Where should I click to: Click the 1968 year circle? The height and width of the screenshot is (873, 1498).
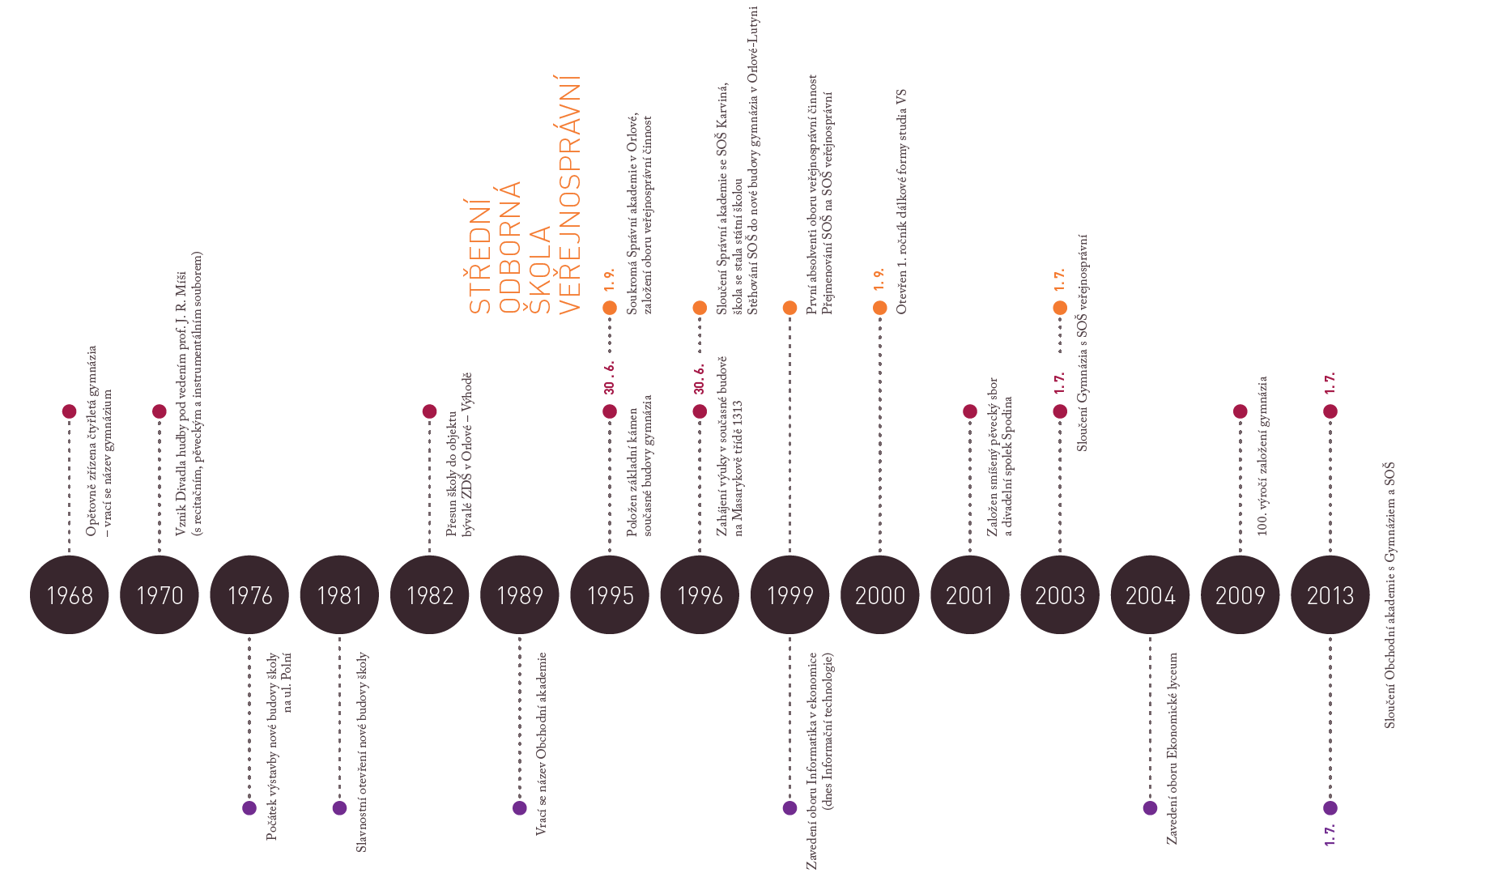pyautogui.click(x=69, y=595)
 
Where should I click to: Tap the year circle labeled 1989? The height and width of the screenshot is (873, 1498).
pyautogui.click(x=519, y=595)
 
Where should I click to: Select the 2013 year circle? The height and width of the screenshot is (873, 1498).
pyautogui.click(x=1330, y=595)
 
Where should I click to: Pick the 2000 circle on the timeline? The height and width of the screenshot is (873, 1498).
pyautogui.click(x=879, y=595)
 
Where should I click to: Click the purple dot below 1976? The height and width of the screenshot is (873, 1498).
pyautogui.click(x=249, y=807)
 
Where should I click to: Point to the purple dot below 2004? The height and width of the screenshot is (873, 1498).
pyautogui.click(x=1150, y=807)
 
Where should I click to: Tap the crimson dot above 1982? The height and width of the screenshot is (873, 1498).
pyautogui.click(x=429, y=411)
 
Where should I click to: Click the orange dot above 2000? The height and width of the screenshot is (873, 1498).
pyautogui.click(x=879, y=308)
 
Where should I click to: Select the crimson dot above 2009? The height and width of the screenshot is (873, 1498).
pyautogui.click(x=1240, y=411)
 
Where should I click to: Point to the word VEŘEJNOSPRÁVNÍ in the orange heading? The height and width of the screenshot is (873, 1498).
pyautogui.click(x=570, y=194)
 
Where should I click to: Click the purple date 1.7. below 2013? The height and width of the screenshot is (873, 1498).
pyautogui.click(x=1330, y=835)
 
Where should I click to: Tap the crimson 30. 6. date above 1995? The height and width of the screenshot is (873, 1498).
pyautogui.click(x=610, y=377)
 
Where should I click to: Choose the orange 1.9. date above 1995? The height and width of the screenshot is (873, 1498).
pyautogui.click(x=610, y=279)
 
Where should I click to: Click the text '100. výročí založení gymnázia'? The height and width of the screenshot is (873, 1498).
pyautogui.click(x=1262, y=455)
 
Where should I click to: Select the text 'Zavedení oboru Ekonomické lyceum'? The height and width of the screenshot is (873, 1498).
pyautogui.click(x=1172, y=748)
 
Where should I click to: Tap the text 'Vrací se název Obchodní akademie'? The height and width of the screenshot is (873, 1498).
pyautogui.click(x=542, y=743)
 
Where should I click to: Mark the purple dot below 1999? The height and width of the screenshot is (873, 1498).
pyautogui.click(x=789, y=807)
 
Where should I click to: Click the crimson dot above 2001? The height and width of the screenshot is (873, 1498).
pyautogui.click(x=969, y=411)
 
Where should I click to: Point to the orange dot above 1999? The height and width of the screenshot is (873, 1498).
pyautogui.click(x=789, y=308)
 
